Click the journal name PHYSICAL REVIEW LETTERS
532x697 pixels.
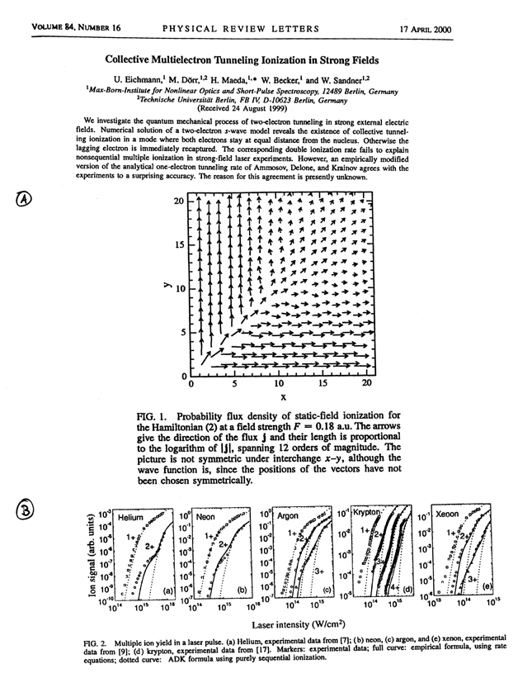tap(261, 29)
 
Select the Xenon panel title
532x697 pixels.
tap(450, 514)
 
